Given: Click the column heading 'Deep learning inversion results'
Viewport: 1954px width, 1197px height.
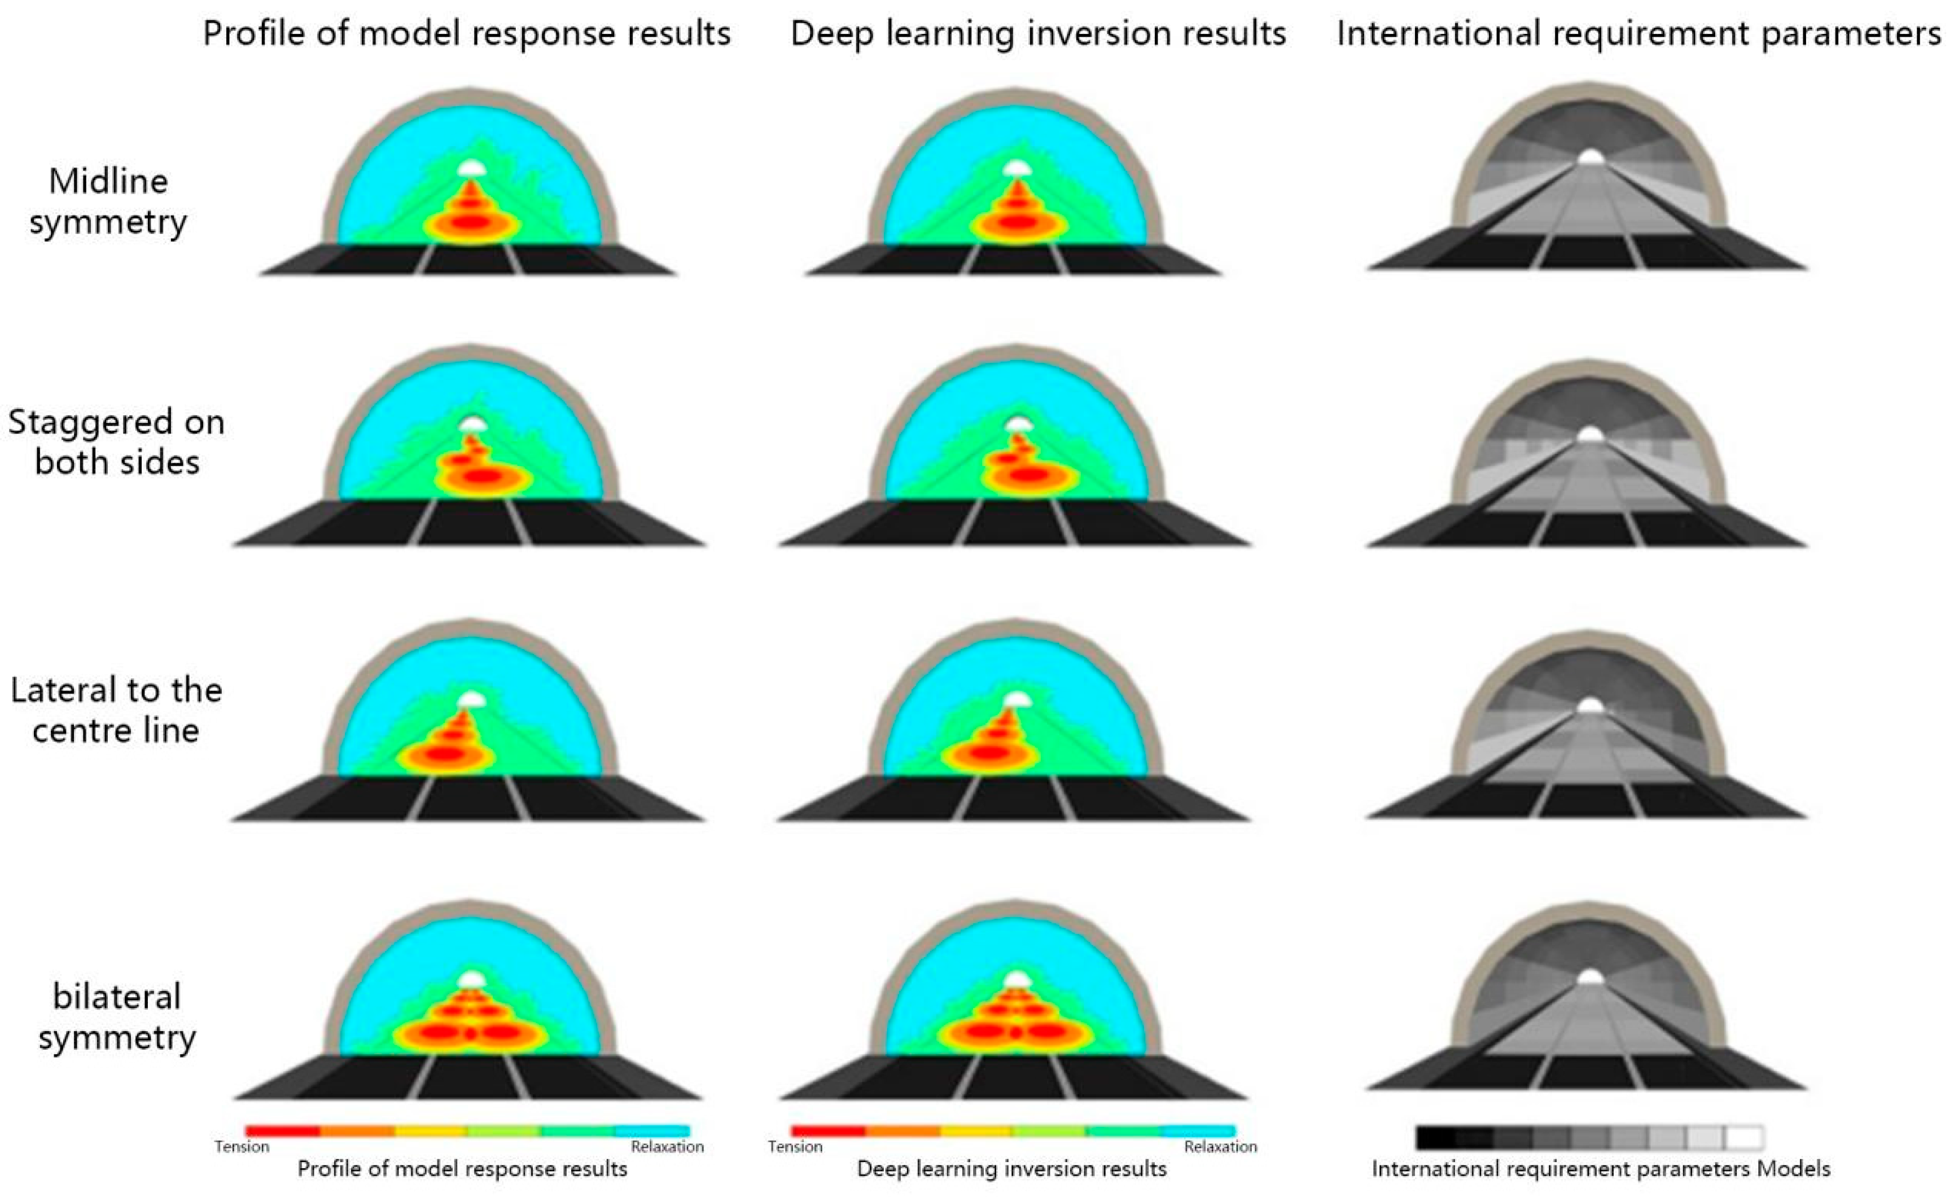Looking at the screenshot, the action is coord(1038,33).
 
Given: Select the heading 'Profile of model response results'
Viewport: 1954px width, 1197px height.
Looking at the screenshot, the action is coord(466,33).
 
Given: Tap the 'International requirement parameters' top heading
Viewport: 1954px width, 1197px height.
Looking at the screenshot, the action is coord(1638,33).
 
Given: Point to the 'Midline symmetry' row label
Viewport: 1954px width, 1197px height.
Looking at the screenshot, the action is coord(108,201).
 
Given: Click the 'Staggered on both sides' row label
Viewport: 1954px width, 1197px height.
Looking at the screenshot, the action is coord(117,441).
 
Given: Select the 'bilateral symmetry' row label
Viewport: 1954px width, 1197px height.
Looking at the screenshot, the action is coord(117,1016).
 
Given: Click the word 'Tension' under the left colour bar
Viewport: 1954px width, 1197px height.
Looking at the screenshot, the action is coord(242,1146).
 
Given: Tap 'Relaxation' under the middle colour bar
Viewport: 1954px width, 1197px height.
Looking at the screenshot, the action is coord(1220,1146).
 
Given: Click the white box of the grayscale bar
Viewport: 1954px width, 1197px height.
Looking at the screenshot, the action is coord(1744,1138).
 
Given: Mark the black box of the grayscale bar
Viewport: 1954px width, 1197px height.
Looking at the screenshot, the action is coord(1435,1138).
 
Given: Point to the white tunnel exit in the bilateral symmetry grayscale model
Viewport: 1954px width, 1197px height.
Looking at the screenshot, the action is coord(1589,977).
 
